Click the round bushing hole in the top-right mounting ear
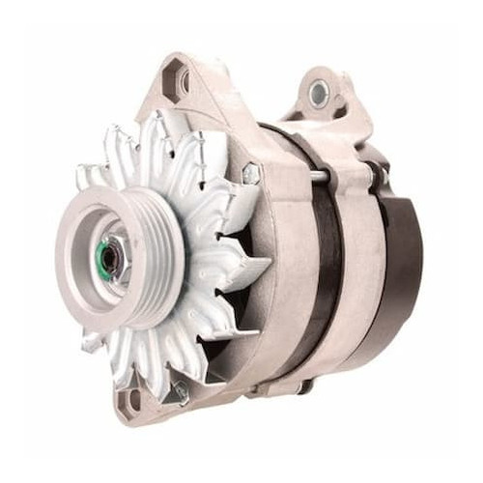pyautogui.click(x=319, y=93)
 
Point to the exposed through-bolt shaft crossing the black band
pyautogui.click(x=319, y=176)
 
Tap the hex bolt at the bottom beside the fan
pyautogui.click(x=178, y=390)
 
